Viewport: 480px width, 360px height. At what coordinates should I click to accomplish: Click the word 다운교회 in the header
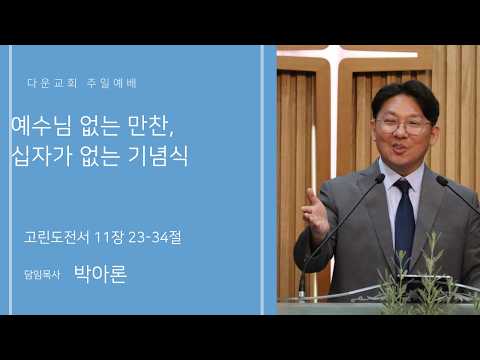(52, 83)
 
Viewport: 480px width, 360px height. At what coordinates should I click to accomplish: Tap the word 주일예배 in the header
(112, 83)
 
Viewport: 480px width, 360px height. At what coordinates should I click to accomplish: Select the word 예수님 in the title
(41, 126)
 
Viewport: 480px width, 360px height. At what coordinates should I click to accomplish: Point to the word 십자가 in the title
(41, 156)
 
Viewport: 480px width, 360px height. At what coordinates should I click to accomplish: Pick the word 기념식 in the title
(158, 156)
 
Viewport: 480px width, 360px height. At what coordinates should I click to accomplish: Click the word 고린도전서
(56, 237)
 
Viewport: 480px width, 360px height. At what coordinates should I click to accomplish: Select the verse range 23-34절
(155, 237)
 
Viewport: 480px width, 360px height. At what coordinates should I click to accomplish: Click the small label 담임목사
(42, 275)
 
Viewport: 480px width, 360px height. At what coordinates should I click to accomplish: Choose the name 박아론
(100, 274)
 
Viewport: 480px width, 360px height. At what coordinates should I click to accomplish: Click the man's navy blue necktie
(404, 220)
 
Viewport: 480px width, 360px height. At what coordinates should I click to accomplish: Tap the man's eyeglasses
(404, 126)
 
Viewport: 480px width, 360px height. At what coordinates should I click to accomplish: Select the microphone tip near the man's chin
(380, 179)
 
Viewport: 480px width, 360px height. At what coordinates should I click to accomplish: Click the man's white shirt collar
(402, 178)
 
